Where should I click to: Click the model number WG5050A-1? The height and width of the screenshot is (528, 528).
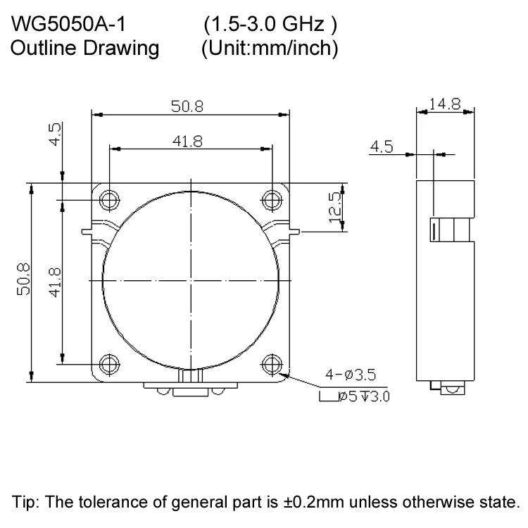coord(69,26)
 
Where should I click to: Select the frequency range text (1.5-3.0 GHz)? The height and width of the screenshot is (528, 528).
coord(270,26)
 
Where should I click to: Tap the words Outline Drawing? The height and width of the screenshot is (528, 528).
coord(84,49)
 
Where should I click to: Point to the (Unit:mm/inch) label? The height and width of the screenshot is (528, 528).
coord(270,49)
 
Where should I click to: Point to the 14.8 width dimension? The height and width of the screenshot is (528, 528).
coord(445,104)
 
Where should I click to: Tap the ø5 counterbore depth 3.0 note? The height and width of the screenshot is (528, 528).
coord(355,397)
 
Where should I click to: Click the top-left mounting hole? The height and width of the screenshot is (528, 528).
coord(109,200)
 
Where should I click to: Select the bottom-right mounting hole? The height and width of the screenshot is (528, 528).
coord(272,364)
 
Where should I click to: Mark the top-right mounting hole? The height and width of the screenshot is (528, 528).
coord(272,200)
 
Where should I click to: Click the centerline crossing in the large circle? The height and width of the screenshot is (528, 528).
coord(191,281)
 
